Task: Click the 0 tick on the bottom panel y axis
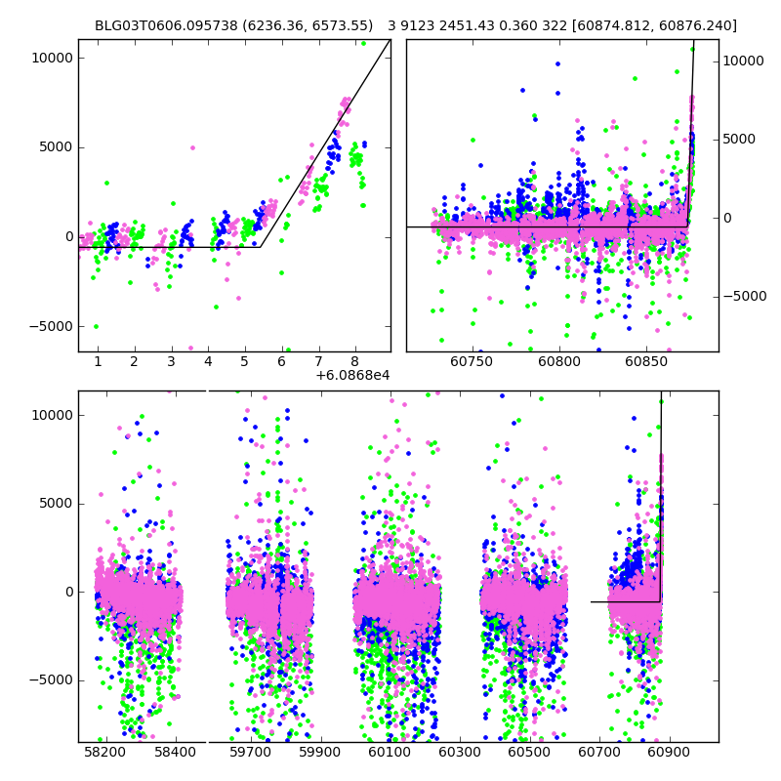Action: (x=66, y=592)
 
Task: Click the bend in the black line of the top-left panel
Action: (x=261, y=247)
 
